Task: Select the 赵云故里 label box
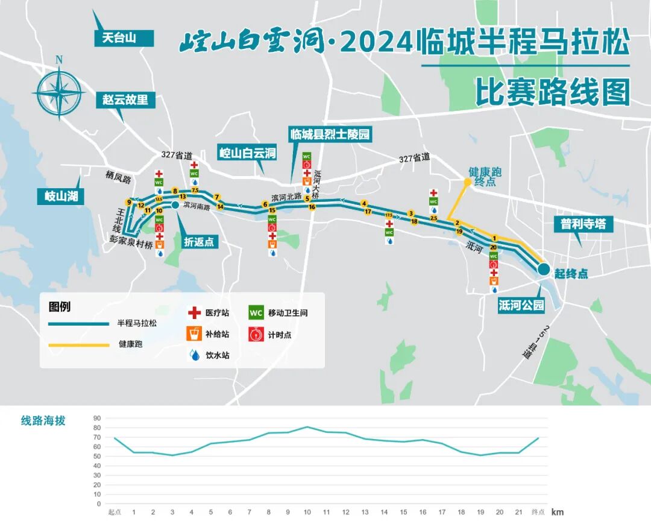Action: tap(125, 99)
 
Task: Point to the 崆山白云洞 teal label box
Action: tap(247, 153)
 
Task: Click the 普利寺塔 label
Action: tap(583, 224)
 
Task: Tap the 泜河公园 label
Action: tap(521, 305)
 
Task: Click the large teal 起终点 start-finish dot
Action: tap(543, 269)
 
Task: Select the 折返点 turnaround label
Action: tap(200, 242)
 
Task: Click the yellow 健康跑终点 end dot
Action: tap(467, 182)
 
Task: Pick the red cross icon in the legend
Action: tap(194, 313)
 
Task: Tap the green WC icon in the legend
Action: tap(256, 313)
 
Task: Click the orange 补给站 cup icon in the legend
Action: tap(194, 333)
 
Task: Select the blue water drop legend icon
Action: tap(194, 355)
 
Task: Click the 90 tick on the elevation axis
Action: tap(96, 417)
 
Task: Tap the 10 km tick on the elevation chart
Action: tap(307, 512)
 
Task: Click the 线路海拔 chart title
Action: tap(43, 421)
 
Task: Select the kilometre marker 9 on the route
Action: tap(128, 202)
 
